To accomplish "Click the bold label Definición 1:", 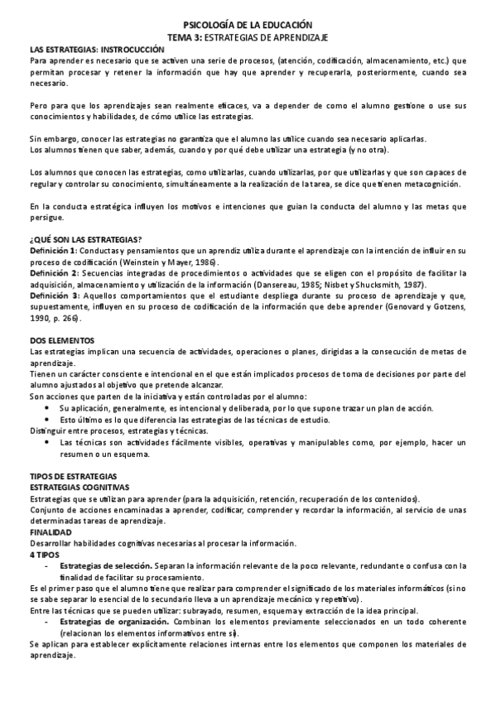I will [53, 250].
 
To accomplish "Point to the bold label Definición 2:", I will [53, 272].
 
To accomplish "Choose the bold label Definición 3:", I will [54, 295].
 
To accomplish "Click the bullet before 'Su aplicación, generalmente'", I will [51, 408].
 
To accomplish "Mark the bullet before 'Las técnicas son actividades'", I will [51, 442].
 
